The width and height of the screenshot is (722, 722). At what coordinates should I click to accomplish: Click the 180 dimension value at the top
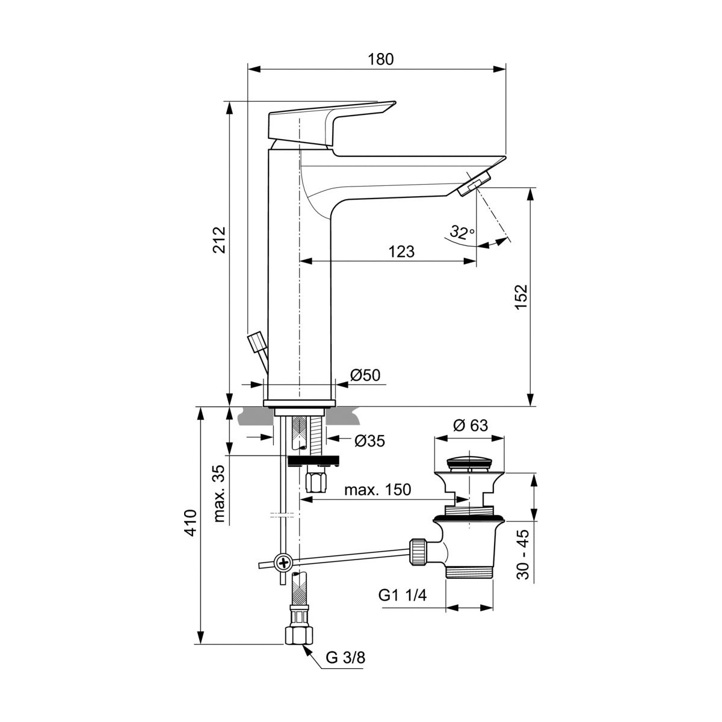pos(381,59)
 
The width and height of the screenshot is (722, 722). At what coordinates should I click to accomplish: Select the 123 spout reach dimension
pos(402,251)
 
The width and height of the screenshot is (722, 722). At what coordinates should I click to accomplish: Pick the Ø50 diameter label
pos(365,375)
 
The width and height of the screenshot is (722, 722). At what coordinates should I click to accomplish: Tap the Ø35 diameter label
pos(369,440)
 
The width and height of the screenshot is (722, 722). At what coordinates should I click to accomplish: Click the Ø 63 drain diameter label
pos(470,425)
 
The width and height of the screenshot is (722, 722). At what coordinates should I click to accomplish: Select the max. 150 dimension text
pos(377,490)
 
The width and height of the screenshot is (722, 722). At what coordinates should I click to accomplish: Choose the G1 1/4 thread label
pos(403,596)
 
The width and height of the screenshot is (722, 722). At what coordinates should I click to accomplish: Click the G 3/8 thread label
pos(345,657)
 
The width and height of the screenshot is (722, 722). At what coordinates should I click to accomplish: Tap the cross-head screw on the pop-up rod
pos(283,563)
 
